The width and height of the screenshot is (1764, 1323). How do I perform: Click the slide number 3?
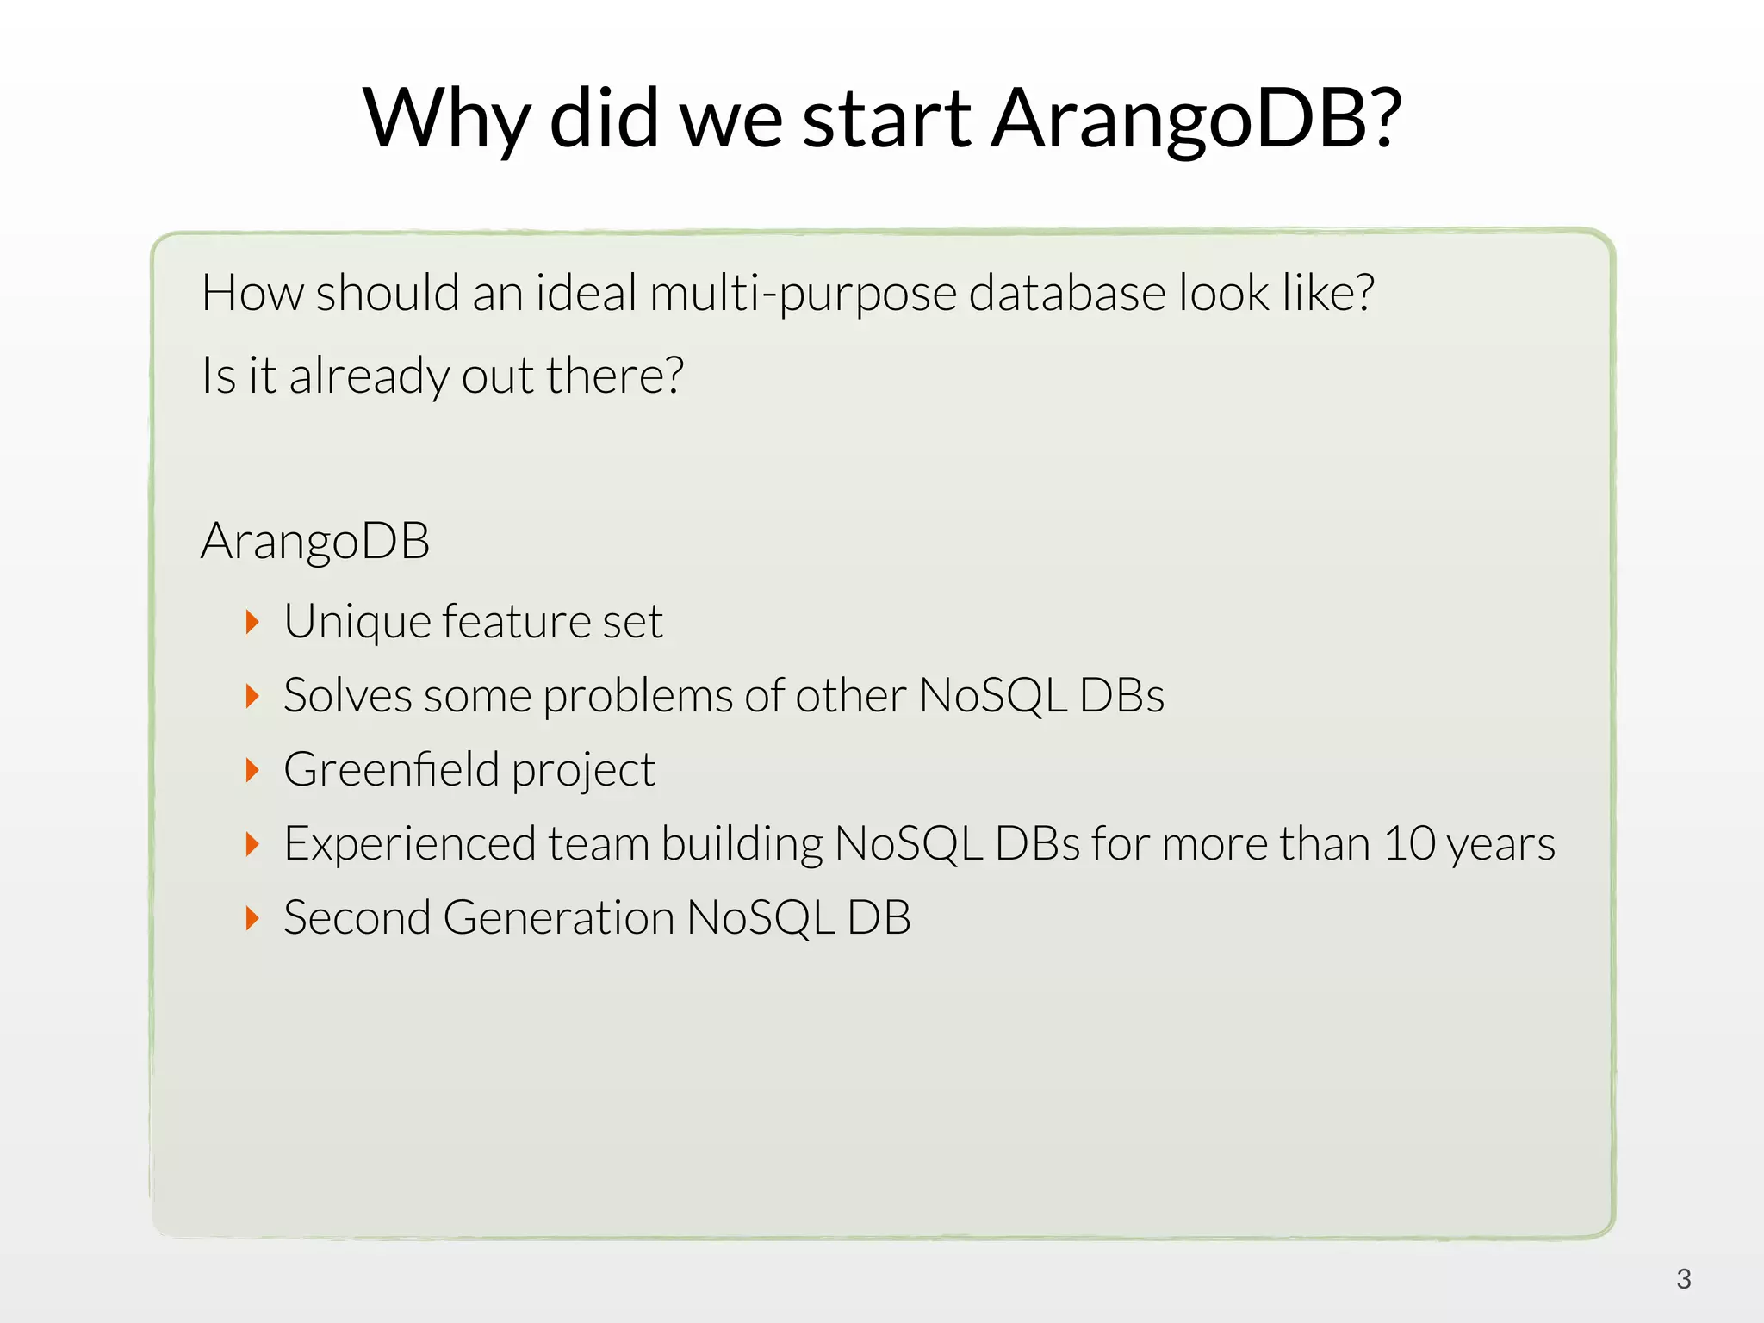pos(1683,1279)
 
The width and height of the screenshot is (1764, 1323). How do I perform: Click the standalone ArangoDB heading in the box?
pos(315,541)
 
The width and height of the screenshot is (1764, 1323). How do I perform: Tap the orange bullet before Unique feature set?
pos(252,622)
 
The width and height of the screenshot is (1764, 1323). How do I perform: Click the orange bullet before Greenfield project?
pos(252,770)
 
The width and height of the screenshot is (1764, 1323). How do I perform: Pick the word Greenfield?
pos(391,770)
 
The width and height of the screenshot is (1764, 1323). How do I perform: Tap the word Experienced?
pos(409,844)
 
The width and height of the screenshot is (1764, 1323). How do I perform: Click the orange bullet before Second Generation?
pos(252,918)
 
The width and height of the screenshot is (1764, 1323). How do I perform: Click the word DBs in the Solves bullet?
pos(1121,696)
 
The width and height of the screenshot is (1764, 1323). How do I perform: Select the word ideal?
pos(586,294)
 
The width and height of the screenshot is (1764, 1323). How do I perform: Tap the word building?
pos(742,844)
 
